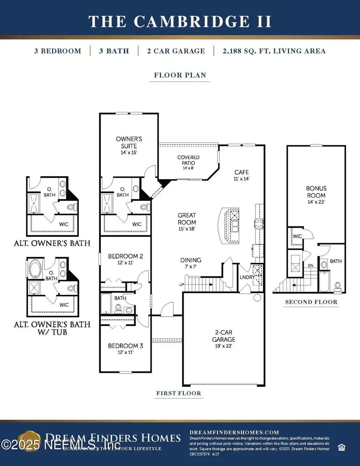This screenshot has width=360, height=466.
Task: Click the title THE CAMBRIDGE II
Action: click(180, 21)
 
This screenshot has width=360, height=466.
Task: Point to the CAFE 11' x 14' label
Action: click(242, 175)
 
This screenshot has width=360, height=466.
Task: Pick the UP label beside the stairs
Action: click(181, 284)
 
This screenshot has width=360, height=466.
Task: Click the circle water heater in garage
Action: click(257, 298)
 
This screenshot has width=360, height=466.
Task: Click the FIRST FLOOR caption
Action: click(179, 393)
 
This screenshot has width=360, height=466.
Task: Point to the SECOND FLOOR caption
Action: click(311, 302)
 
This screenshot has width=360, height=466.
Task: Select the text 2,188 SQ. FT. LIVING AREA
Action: click(269, 51)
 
